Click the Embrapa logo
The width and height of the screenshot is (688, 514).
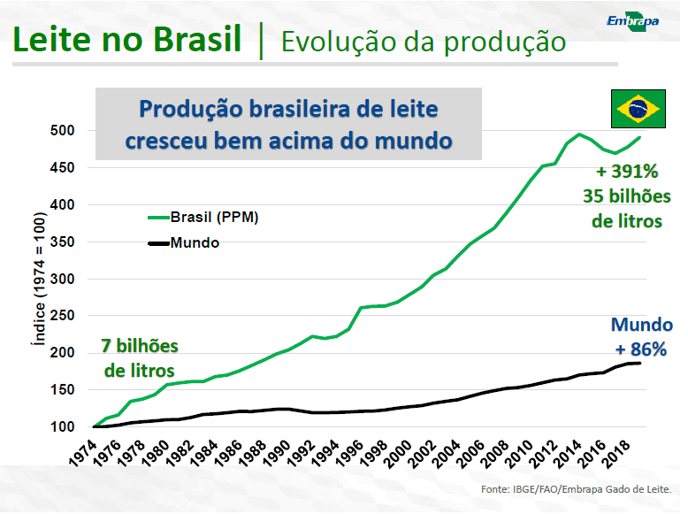[x=632, y=21]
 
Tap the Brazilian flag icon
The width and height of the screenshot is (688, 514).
[x=638, y=109]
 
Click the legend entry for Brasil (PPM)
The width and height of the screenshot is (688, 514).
[x=203, y=217]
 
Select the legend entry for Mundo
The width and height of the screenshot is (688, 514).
[x=184, y=242]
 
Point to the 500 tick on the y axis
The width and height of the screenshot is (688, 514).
[x=62, y=130]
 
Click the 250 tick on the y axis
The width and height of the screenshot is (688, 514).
[x=62, y=315]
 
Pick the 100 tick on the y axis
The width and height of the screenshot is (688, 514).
[x=62, y=426]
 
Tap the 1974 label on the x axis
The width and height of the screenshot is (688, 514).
[x=83, y=452]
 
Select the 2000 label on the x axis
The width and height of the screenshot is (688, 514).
[x=398, y=454]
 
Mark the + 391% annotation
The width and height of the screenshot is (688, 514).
[x=627, y=172]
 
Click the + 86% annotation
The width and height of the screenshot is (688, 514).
[x=641, y=349]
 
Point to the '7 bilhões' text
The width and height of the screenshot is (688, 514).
[x=140, y=346]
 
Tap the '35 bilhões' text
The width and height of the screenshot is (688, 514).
[x=627, y=196]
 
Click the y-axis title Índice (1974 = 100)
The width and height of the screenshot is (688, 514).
[x=39, y=279]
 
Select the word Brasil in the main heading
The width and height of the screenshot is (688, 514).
[x=197, y=39]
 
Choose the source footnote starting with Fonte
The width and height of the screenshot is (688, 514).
[x=576, y=489]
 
